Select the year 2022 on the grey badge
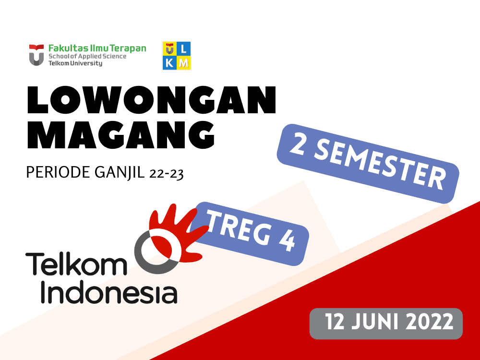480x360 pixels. tap(430, 322)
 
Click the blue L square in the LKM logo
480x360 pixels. tap(184, 48)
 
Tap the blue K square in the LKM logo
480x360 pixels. tap(169, 63)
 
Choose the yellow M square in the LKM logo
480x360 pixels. tap(184, 63)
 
